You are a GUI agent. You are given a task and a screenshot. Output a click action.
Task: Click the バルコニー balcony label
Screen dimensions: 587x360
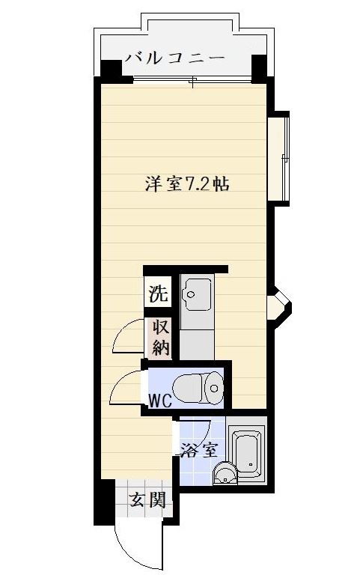pos(174,57)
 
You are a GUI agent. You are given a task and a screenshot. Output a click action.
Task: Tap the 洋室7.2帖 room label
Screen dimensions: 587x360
pos(186,184)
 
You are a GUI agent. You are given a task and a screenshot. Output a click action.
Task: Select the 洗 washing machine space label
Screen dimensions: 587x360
pos(158,293)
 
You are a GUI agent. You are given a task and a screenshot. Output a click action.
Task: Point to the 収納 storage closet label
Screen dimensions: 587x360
pos(160,337)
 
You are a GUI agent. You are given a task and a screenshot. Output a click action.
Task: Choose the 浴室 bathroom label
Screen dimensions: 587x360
pos(198,450)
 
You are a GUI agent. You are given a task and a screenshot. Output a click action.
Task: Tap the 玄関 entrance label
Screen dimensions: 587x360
pos(146,500)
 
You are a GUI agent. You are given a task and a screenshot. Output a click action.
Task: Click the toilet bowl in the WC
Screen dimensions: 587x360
pos(203,386)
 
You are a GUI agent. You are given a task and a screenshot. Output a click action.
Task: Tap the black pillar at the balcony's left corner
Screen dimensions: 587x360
pos(110,70)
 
